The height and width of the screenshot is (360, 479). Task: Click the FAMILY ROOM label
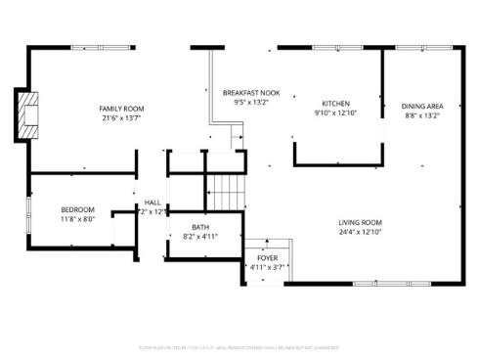tap(121, 109)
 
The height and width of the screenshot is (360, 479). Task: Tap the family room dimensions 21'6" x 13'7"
tap(121, 118)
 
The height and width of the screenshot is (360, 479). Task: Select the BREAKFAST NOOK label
tap(244, 91)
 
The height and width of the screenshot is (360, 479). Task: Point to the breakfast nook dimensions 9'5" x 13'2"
tap(244, 101)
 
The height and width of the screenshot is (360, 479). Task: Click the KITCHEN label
tap(336, 104)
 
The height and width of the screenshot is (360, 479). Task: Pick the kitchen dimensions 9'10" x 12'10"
tap(336, 113)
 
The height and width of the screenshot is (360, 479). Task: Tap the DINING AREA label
tap(422, 106)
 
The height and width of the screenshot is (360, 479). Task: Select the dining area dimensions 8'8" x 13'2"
tap(422, 115)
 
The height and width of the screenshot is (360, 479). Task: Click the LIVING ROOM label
tap(360, 222)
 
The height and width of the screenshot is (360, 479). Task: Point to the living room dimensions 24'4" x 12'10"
tap(360, 232)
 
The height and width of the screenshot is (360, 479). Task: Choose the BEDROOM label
tap(78, 209)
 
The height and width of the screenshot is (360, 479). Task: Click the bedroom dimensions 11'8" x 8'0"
tap(78, 219)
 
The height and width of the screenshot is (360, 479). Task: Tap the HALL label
tap(152, 202)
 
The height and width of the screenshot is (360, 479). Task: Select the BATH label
tap(199, 227)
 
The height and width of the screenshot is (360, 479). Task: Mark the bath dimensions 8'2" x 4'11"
tap(199, 237)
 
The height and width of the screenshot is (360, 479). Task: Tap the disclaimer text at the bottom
tap(239, 346)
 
